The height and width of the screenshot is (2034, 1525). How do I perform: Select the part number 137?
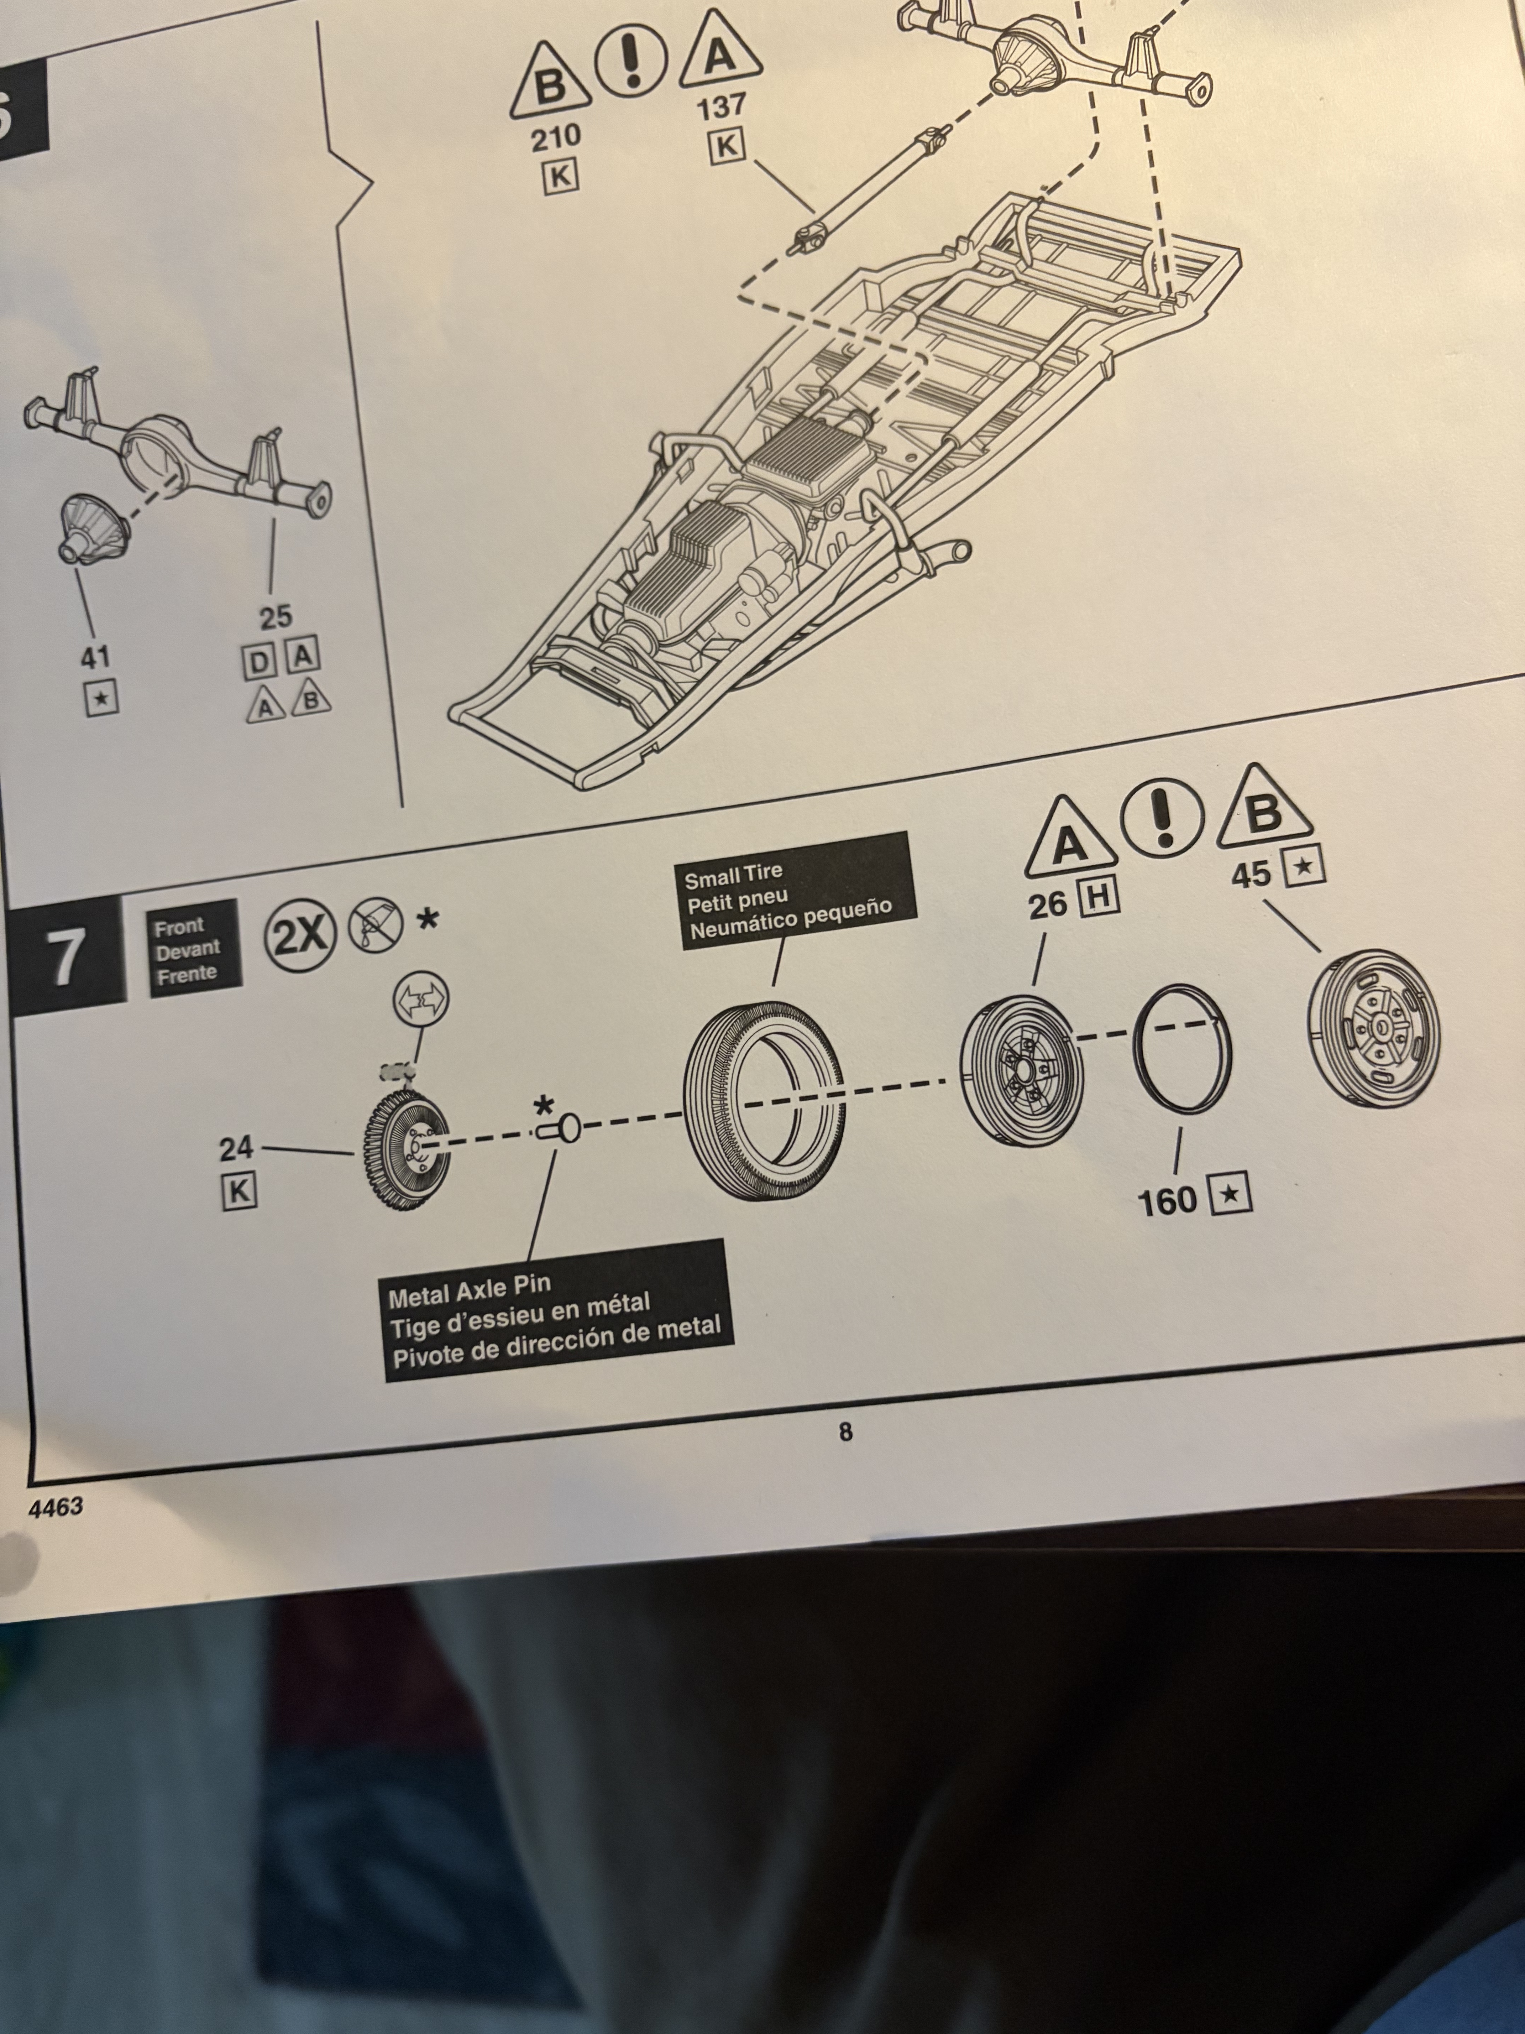click(722, 107)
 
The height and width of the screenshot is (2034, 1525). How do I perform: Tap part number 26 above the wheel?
click(1048, 906)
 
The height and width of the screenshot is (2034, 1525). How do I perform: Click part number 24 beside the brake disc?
click(236, 1148)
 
